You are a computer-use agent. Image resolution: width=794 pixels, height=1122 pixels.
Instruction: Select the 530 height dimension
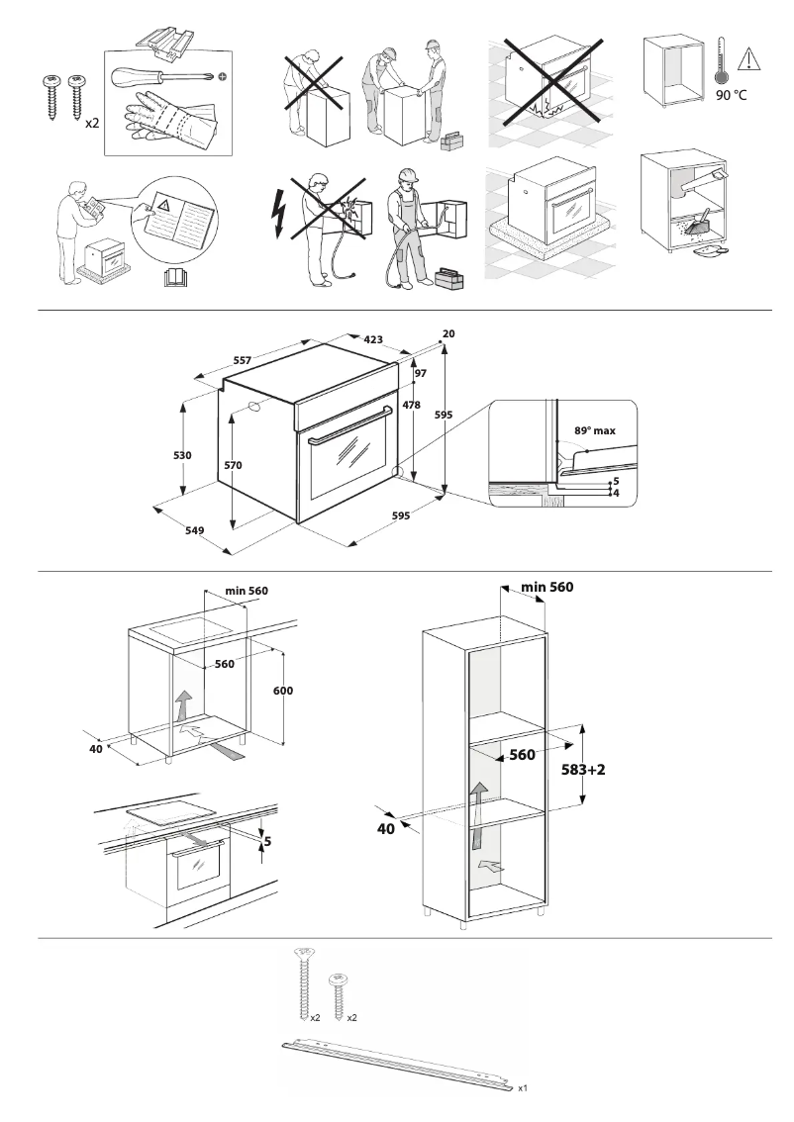[x=182, y=455]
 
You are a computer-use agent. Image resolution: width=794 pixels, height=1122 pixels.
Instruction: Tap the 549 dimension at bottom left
[x=194, y=530]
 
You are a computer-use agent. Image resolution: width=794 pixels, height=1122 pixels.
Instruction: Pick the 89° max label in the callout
[x=595, y=431]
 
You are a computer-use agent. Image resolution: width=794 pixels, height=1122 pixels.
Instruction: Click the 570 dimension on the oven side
[x=233, y=464]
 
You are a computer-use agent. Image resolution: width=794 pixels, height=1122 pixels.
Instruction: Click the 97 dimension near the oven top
[x=420, y=373]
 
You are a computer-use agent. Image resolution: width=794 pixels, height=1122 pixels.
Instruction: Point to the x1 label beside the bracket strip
[x=523, y=1087]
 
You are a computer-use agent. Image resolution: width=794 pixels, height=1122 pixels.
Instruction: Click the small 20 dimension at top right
[x=448, y=333]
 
